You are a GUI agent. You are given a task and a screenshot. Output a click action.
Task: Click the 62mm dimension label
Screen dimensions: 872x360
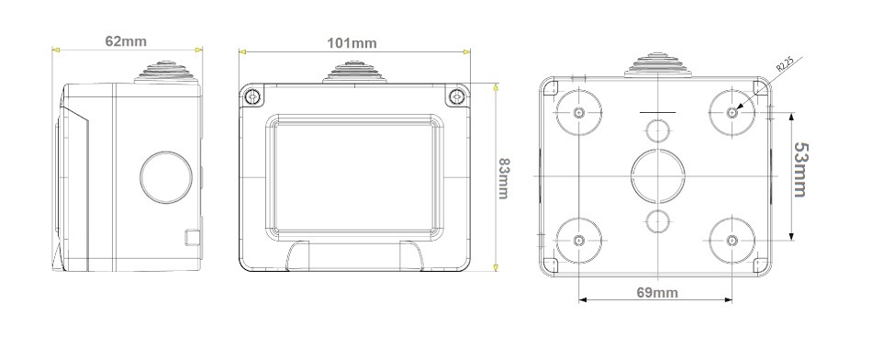click(126, 41)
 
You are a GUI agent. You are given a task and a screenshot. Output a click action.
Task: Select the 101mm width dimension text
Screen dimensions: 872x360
click(352, 43)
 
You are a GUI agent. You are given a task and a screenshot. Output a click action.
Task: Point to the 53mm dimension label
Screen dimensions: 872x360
click(800, 170)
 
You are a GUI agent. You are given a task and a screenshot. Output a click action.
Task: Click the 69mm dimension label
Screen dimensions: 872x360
click(657, 293)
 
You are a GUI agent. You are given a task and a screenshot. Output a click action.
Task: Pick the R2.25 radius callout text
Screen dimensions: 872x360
click(784, 64)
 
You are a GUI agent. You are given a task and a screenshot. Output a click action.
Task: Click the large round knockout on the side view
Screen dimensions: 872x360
click(166, 177)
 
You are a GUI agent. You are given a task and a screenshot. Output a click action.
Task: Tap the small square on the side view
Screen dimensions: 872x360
click(193, 237)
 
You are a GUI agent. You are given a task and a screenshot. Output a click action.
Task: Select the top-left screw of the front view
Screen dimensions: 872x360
click(253, 96)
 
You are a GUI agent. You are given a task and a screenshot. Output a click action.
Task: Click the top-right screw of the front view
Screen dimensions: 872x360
click(457, 96)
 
